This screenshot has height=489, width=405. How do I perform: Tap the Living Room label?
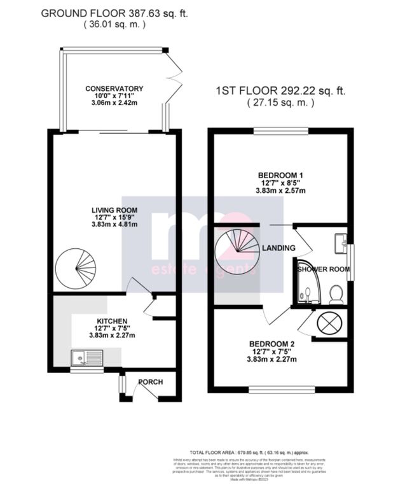click(114, 211)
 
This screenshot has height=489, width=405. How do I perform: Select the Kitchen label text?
click(113, 321)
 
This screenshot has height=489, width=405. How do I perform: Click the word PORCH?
click(151, 382)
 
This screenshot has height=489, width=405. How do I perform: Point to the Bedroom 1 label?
click(280, 176)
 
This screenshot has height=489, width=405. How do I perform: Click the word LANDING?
click(278, 248)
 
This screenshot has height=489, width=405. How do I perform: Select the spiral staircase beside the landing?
click(237, 250)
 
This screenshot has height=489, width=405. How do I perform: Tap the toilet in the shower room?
click(336, 293)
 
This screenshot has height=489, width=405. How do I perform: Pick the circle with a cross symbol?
click(329, 323)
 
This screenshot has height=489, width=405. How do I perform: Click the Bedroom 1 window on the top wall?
click(280, 131)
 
